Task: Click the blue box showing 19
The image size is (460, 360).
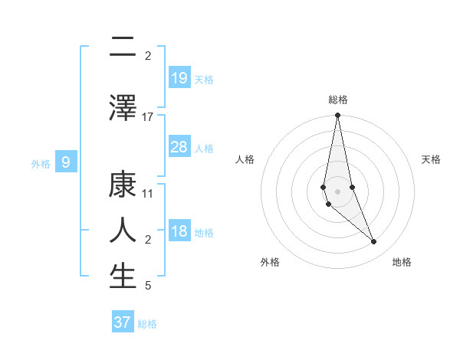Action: [x=179, y=78]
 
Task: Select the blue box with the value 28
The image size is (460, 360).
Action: [x=179, y=147]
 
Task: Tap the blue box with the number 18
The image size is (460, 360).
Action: [x=179, y=232]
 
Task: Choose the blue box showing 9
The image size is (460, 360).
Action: [x=67, y=162]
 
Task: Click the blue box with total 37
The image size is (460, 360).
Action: [x=123, y=322]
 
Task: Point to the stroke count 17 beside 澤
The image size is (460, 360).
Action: [x=148, y=117]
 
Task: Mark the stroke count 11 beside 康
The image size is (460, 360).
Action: [x=148, y=195]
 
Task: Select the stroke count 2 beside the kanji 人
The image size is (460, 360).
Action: [x=148, y=241]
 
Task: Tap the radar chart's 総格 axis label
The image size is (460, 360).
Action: [x=338, y=100]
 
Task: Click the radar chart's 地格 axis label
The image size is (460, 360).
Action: [x=402, y=263]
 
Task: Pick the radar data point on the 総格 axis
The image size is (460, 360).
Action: [x=337, y=116]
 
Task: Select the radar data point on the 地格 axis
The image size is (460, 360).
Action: [x=374, y=242]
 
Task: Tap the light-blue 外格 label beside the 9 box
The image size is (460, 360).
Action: [x=41, y=163]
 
